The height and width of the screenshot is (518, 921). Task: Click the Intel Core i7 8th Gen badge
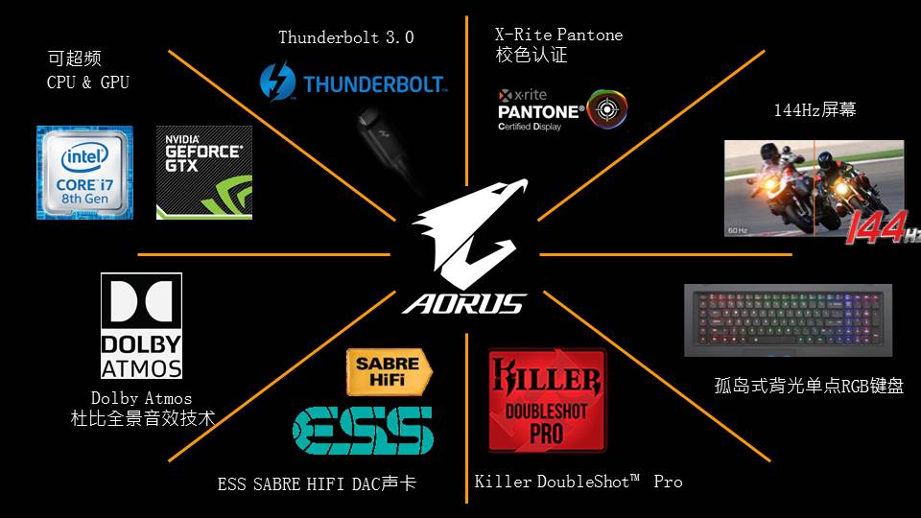point(84,172)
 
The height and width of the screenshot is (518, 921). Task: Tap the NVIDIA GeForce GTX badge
point(203,172)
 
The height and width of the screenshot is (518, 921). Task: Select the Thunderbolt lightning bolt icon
point(277,82)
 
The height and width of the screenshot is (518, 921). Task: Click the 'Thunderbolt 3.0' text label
point(345,37)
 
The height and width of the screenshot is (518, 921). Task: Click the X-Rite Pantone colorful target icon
point(606,108)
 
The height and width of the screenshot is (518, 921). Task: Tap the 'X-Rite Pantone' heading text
point(558,35)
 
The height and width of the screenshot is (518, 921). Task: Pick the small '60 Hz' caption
point(738,231)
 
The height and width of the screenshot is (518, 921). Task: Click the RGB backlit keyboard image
point(788,320)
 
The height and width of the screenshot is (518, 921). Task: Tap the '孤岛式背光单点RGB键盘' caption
point(809,386)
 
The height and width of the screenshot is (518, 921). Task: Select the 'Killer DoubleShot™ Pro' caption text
point(578,481)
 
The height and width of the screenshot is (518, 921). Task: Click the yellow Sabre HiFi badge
point(389,372)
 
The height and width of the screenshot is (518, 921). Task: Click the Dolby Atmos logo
point(141,326)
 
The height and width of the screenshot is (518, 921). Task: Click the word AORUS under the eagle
point(465,304)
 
